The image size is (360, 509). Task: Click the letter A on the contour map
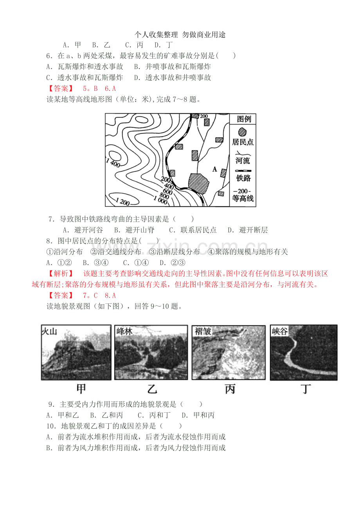[214, 169]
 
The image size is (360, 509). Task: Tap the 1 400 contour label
[113, 163]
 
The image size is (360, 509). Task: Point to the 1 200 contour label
[122, 202]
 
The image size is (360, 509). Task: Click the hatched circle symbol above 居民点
[242, 132]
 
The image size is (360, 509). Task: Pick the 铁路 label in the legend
[243, 178]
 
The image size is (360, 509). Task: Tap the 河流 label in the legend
[243, 161]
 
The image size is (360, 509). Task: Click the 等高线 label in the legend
[243, 199]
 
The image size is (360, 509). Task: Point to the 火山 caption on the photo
[49, 331]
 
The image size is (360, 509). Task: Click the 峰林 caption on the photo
[124, 331]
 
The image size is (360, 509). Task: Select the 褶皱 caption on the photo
[203, 331]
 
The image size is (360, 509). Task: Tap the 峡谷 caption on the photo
[280, 331]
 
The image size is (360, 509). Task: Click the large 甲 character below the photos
[81, 389]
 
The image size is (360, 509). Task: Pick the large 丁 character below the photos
[306, 389]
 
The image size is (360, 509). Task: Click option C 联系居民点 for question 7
[193, 230]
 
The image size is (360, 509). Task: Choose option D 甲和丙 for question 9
[198, 415]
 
